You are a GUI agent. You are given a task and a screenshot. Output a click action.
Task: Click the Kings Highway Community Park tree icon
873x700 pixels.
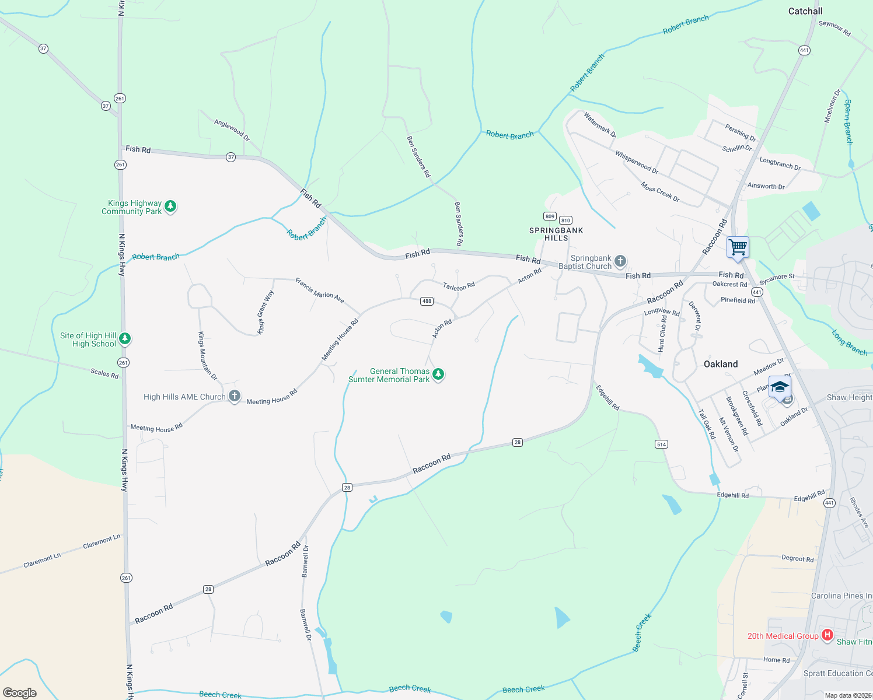point(170,206)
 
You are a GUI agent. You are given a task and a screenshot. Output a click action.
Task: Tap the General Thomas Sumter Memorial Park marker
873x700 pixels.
point(438,374)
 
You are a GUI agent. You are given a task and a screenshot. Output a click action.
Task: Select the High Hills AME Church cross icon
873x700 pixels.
point(234,397)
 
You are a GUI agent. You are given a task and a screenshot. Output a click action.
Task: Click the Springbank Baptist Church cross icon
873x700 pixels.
point(620,261)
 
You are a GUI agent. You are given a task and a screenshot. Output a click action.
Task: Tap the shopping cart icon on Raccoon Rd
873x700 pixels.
point(738,247)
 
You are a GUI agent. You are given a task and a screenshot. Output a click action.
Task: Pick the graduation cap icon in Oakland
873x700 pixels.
point(780,388)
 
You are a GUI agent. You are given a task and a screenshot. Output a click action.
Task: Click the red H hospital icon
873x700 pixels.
point(827,635)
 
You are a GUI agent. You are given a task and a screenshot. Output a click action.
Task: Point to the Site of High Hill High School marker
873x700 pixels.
point(125,339)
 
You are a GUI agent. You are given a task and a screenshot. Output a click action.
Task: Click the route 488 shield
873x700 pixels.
point(427,301)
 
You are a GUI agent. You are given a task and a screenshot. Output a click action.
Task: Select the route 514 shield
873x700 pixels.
point(661,444)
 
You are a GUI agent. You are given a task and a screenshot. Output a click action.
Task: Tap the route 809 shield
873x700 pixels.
point(550,216)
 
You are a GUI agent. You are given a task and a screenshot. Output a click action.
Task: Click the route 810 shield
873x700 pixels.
point(565,220)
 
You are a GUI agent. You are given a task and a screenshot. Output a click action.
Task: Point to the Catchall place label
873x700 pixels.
point(805,11)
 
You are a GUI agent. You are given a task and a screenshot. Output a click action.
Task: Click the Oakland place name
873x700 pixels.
point(721,364)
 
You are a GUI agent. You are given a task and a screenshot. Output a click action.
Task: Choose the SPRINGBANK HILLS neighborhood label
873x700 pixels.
point(556,234)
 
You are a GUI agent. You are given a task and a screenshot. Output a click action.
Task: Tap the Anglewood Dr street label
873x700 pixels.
point(232,130)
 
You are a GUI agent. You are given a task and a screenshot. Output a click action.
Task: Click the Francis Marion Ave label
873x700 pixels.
point(319,290)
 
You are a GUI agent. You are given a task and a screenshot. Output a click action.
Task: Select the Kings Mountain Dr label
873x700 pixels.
point(207,356)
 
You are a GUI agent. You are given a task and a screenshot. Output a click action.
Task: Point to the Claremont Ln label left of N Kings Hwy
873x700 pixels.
point(42,560)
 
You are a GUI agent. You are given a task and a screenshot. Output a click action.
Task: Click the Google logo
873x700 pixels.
point(20,692)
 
